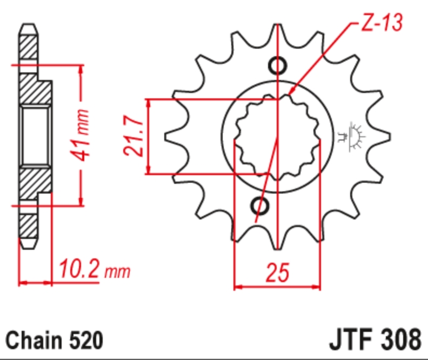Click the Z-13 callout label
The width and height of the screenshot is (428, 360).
click(382, 22)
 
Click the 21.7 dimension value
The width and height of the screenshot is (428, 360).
click(133, 136)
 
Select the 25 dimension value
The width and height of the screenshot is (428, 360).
click(277, 272)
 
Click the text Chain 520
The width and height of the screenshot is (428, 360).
click(55, 340)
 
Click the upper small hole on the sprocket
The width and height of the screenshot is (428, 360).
click(278, 65)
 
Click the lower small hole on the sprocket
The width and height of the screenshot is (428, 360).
click(259, 206)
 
